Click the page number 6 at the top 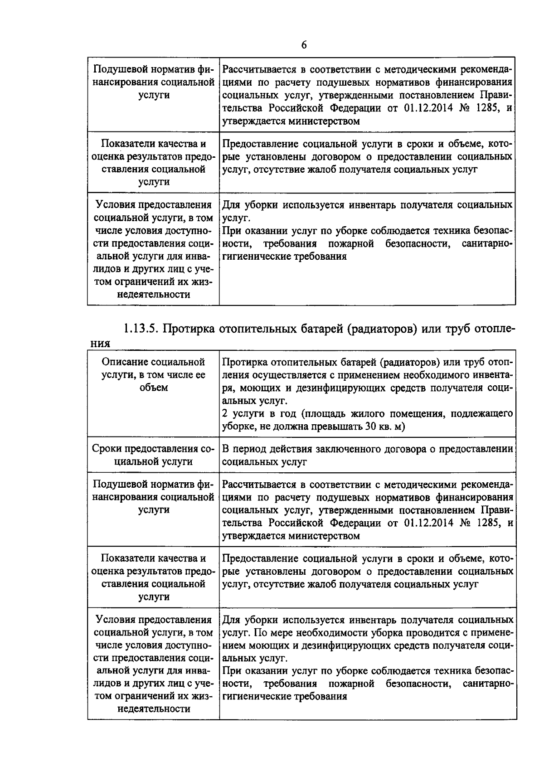(x=304, y=44)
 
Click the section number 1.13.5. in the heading (x=141, y=328)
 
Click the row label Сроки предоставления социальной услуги (x=153, y=455)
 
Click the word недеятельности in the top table (x=153, y=295)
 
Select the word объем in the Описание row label (x=153, y=388)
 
